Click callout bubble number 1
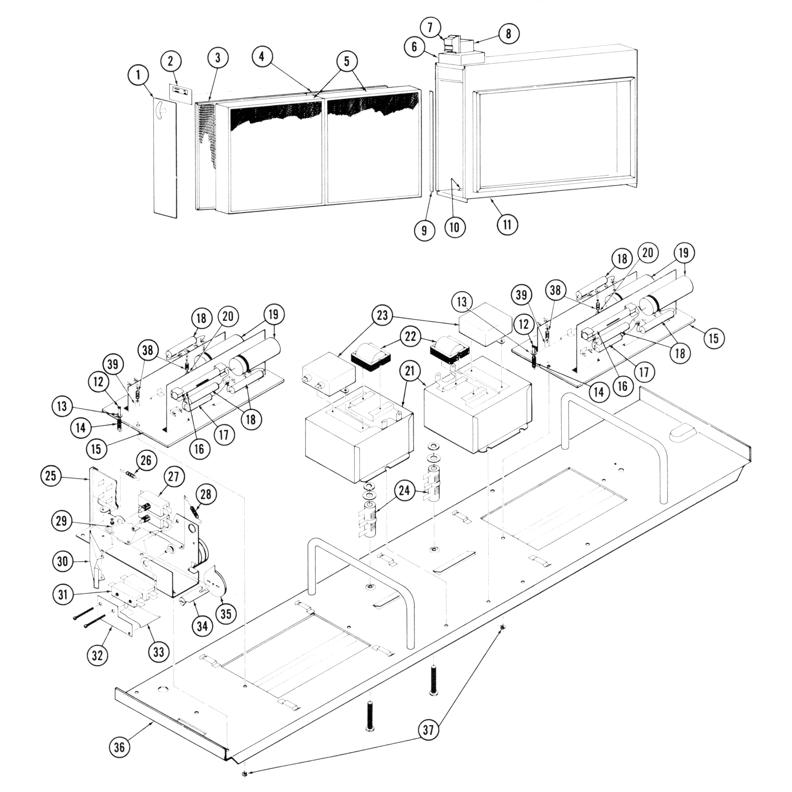tap(138, 75)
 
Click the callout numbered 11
tap(508, 225)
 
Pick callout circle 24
tap(405, 491)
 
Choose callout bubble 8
tap(508, 34)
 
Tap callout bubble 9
tap(424, 230)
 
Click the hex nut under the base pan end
tap(244, 774)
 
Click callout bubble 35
tap(226, 614)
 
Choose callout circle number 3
tap(217, 58)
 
